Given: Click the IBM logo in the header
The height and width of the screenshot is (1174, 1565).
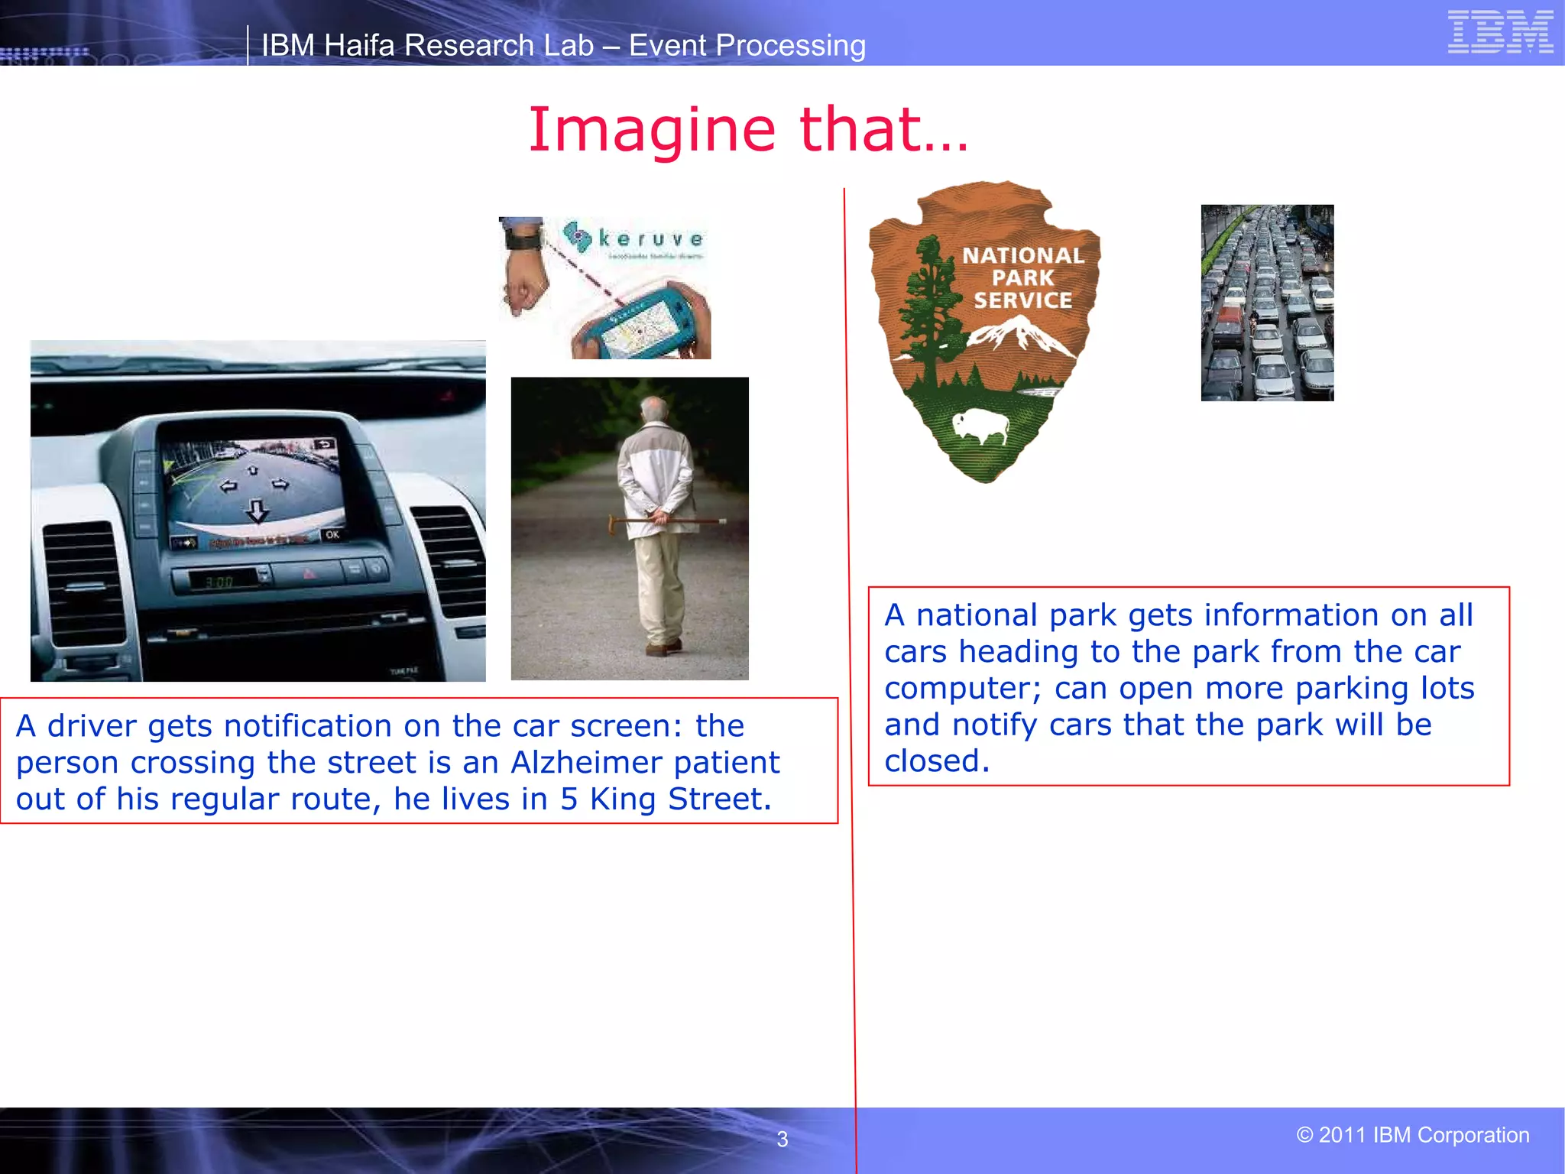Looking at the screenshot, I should point(1500,32).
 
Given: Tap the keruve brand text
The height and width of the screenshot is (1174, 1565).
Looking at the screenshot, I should point(650,239).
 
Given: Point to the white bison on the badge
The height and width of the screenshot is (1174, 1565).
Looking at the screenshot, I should point(980,428).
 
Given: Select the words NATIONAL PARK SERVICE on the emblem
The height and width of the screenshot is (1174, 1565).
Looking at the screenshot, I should point(1022,278).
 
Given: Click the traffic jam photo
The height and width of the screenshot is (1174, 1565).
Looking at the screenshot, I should point(1267,303).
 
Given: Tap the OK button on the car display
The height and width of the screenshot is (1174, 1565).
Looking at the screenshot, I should point(332,535).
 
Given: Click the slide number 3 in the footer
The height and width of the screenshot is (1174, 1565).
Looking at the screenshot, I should point(782,1140).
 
